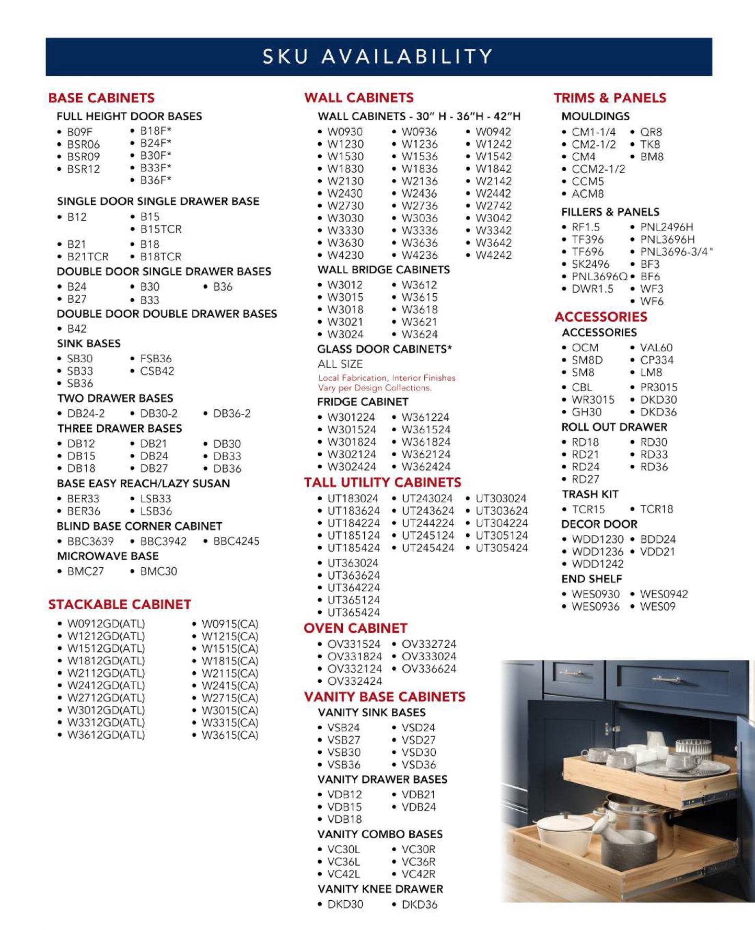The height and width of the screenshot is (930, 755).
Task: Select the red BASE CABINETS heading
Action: tap(101, 98)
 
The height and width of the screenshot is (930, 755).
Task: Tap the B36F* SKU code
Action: tap(155, 180)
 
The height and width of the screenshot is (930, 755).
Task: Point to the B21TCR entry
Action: tap(88, 257)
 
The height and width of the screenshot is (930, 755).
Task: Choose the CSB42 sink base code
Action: tap(157, 371)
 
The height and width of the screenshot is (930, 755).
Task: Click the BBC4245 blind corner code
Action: tap(236, 541)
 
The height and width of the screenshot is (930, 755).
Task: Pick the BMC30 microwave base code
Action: tap(158, 571)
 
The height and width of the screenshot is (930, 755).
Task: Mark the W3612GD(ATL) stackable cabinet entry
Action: tap(106, 735)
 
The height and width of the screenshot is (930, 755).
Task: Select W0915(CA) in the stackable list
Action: tap(230, 624)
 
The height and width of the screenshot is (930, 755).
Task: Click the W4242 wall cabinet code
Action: tap(493, 255)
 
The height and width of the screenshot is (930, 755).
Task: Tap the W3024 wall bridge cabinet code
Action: tap(345, 334)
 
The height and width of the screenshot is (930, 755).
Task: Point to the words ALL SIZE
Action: tap(340, 364)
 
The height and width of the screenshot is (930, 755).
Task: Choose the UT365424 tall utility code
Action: tap(353, 612)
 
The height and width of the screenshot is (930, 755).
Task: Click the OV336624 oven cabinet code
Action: tap(428, 669)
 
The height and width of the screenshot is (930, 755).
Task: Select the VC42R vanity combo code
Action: tap(418, 874)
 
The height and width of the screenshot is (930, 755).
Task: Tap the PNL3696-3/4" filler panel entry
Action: tap(676, 252)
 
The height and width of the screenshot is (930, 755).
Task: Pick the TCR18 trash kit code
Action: tap(656, 509)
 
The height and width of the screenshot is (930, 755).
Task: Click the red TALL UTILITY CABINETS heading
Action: tap(382, 482)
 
